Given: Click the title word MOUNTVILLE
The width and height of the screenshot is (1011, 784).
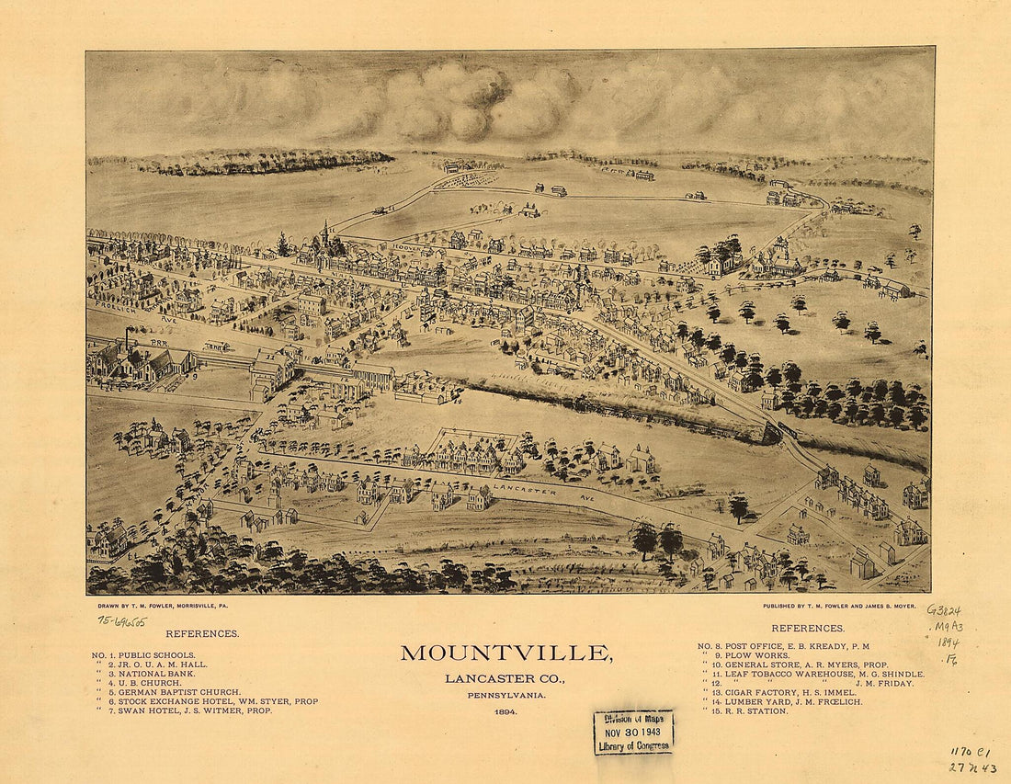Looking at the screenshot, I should click(506, 653).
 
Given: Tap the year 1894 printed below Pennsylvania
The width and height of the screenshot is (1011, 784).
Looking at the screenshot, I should click(505, 711).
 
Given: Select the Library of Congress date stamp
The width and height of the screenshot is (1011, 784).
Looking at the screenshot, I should click(633, 732).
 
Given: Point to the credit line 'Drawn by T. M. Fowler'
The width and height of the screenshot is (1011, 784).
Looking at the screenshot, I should click(174, 608).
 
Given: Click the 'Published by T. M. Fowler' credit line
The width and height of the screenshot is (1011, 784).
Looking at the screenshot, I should click(838, 607).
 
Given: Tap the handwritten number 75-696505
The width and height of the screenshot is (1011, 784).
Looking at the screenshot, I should click(123, 620).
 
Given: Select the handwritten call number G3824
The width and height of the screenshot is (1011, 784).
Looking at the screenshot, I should click(944, 609).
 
